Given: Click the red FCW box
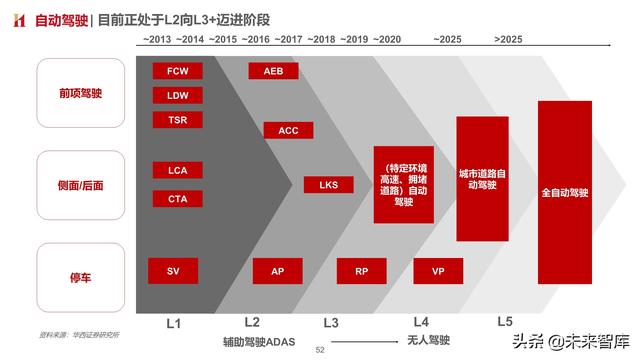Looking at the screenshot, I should point(177,71).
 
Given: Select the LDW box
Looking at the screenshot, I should point(177,96).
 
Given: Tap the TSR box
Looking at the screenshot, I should point(177,120).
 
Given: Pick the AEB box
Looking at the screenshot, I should point(273,71).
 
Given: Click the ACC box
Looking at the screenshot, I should point(288,130).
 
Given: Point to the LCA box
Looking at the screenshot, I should point(177,170).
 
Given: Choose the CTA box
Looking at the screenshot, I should point(177,198).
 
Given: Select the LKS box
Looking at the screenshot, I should point(329,185).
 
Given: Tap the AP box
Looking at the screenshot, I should point(277,271).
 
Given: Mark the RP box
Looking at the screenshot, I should point(361,271).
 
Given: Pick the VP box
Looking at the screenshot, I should point(437,271).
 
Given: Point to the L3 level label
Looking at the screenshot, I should point(331,322).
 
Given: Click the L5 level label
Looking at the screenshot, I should point(505,322).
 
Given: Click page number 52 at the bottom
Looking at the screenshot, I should point(320,351).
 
